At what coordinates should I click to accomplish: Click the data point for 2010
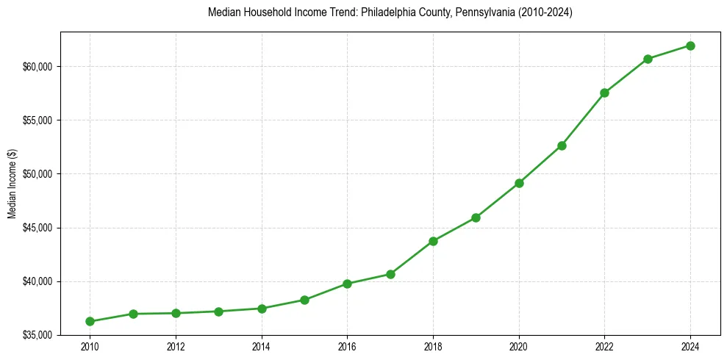[90, 321]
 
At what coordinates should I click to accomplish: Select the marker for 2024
[691, 46]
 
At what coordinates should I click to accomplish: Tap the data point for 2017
[390, 274]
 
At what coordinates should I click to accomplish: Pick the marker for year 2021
[562, 145]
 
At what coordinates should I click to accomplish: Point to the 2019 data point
[476, 217]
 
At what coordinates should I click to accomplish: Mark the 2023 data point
[648, 59]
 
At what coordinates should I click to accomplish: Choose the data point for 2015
[304, 300]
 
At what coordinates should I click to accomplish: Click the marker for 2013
[218, 312]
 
